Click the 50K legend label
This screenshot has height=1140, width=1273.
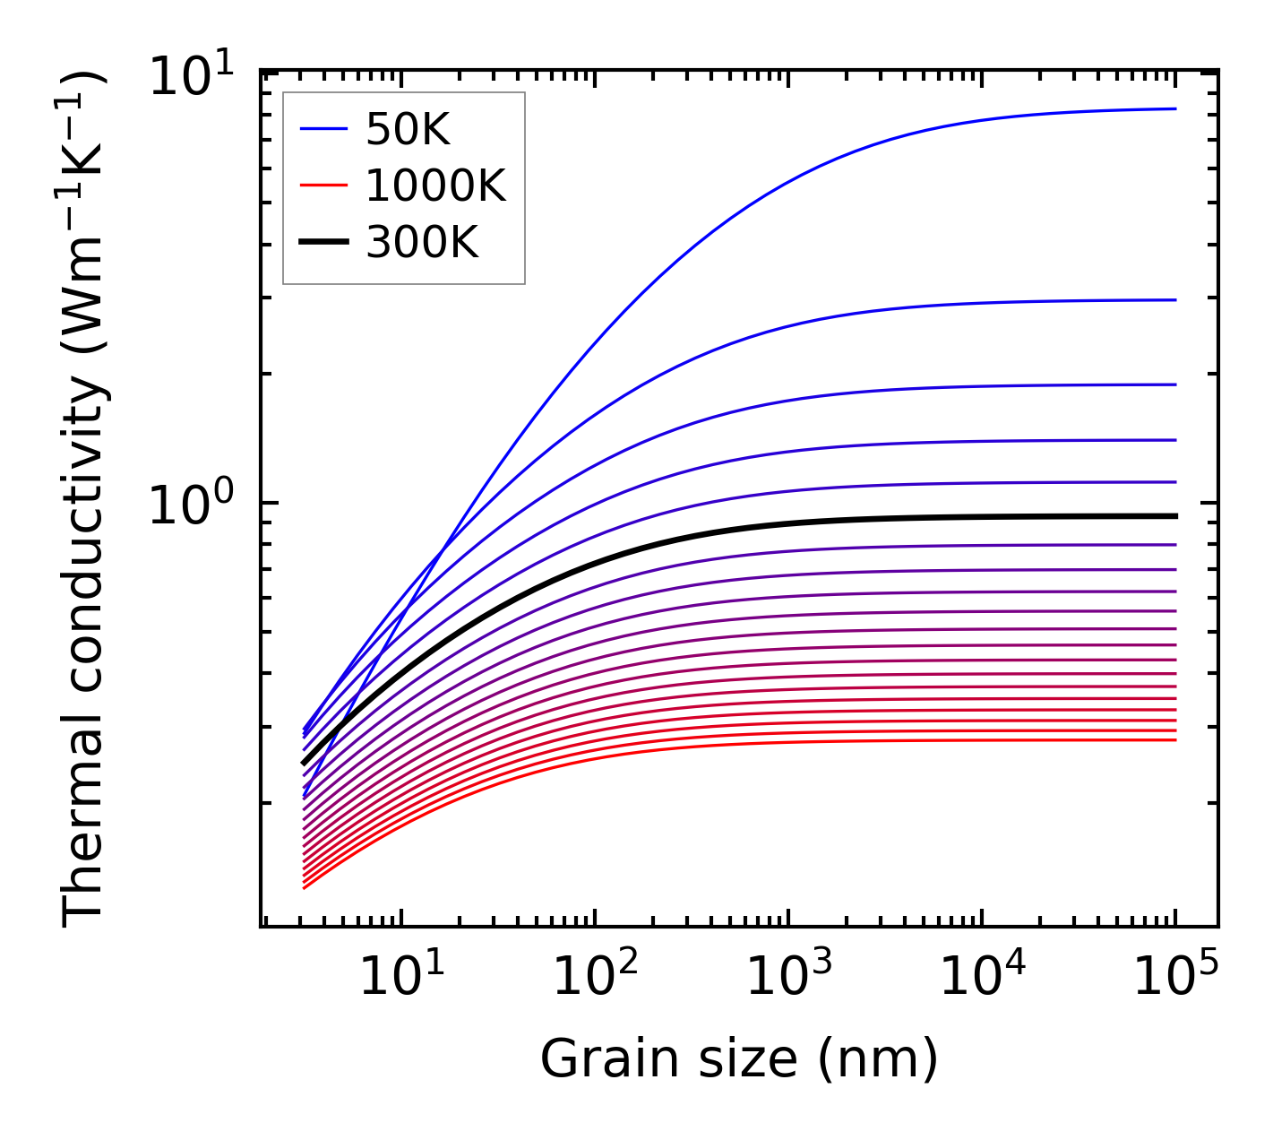(408, 131)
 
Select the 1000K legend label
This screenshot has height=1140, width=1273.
(435, 186)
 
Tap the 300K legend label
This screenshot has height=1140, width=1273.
(422, 242)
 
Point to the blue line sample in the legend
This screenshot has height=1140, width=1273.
(323, 131)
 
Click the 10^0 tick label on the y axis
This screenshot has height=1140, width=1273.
(189, 505)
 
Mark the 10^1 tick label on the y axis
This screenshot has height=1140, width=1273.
(189, 75)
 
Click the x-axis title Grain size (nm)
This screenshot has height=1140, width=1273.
(739, 1059)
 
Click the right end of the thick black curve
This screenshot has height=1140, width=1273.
(1175, 516)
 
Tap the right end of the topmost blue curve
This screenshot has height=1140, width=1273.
(1175, 108)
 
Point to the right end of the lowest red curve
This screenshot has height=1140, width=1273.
(1175, 739)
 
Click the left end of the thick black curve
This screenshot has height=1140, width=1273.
(305, 764)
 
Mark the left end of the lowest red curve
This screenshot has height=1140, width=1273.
(305, 888)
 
